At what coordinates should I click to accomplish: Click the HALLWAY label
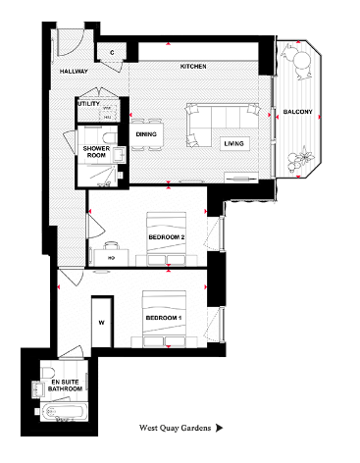point(75,72)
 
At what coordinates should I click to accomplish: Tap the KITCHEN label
point(192,67)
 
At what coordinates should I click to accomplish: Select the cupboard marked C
point(113,51)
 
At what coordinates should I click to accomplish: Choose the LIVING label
point(234,144)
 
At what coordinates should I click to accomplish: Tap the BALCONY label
point(298,113)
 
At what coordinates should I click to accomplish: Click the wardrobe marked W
point(102,321)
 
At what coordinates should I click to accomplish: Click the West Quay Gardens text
point(174,429)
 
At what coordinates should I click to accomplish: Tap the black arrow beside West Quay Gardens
point(220,429)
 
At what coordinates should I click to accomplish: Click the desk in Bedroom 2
point(112,258)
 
